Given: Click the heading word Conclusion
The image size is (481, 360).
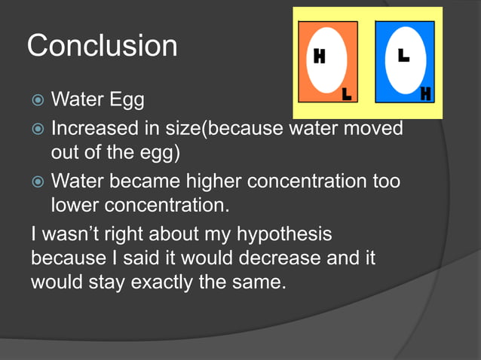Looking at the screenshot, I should [102, 47].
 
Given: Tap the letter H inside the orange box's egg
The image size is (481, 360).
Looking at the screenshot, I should [319, 58].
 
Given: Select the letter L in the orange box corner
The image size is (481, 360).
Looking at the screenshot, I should [346, 94].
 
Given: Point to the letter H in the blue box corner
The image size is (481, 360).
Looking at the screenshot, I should [426, 94].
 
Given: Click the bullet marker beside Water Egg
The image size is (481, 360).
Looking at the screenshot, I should [37, 100].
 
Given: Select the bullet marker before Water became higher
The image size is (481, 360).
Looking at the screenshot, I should [37, 182].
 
